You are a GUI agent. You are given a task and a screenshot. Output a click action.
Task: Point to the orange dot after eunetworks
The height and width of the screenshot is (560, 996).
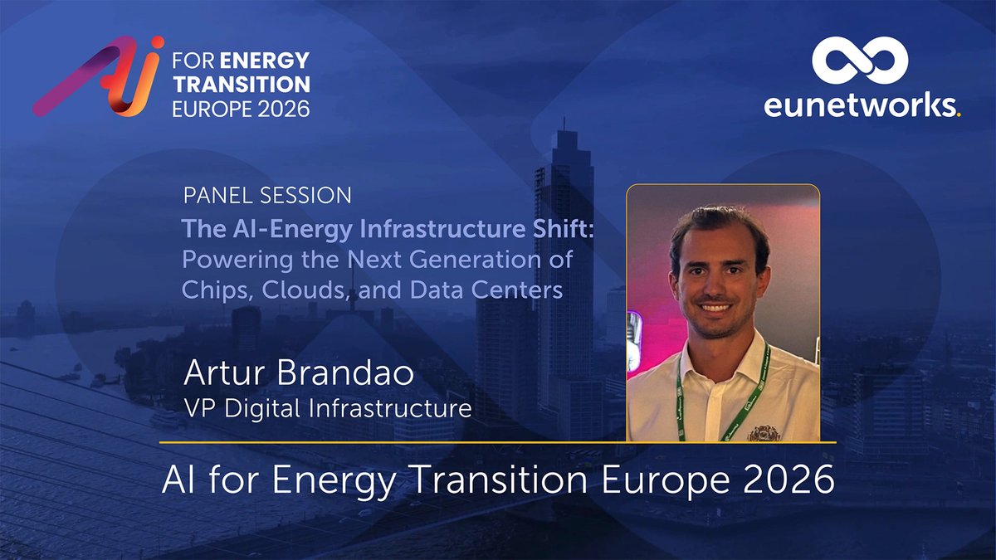[959, 115]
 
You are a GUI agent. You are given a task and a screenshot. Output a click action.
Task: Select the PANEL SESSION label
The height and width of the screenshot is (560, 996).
[267, 197]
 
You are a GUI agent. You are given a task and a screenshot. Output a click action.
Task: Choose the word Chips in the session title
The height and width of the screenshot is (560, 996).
[211, 290]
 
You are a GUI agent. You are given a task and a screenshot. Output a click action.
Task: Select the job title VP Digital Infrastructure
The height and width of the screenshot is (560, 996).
[328, 408]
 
